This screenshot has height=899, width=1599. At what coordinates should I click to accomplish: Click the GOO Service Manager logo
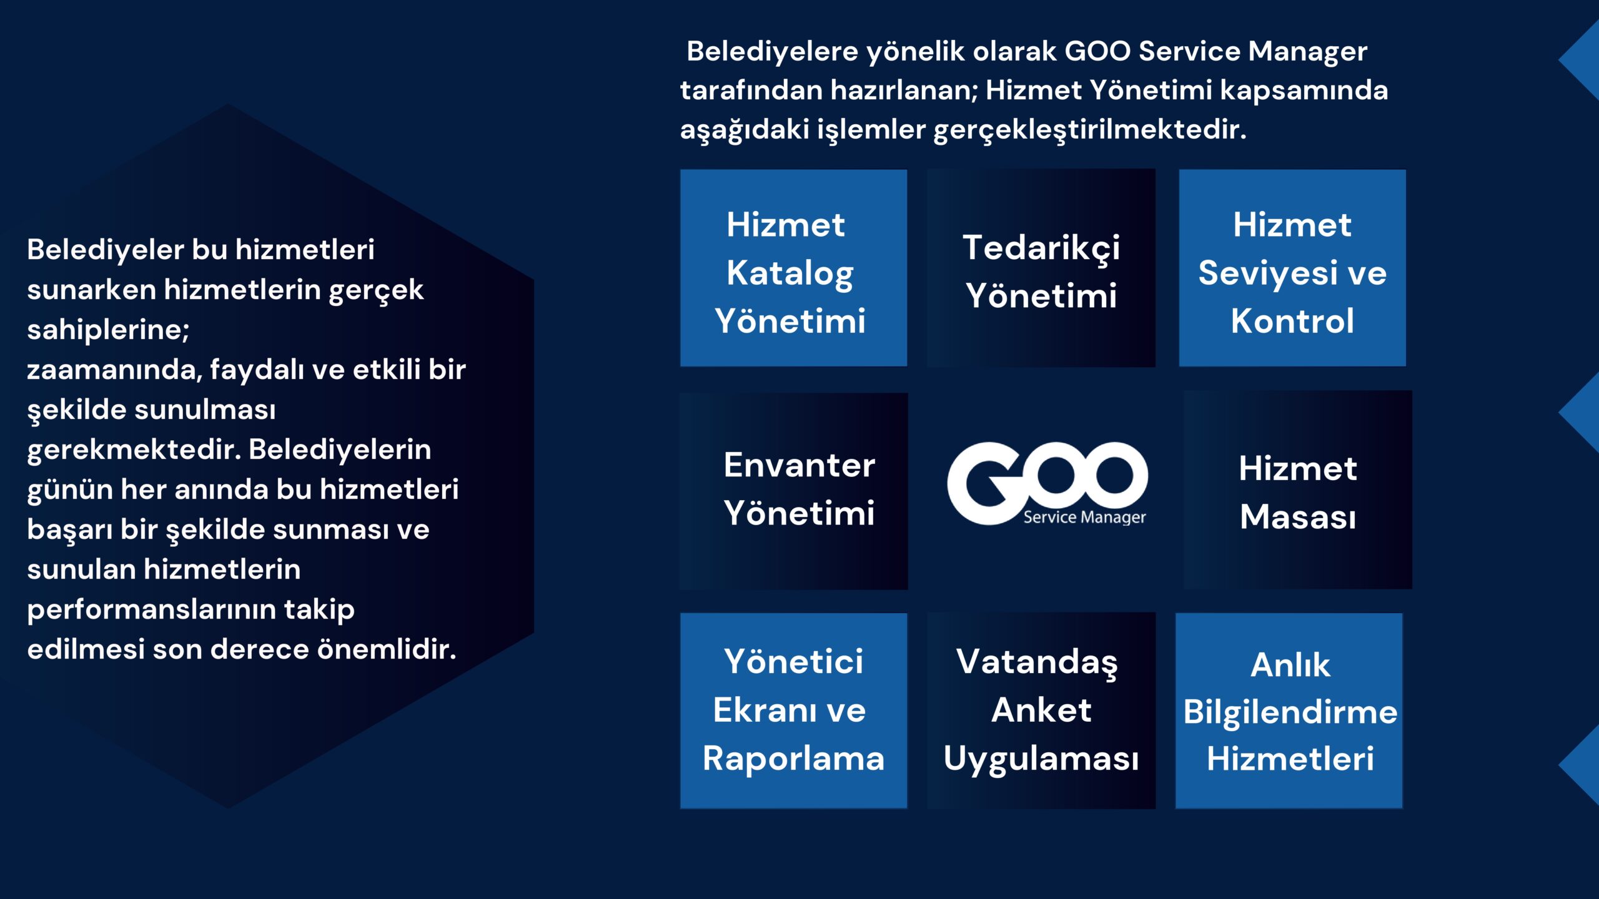click(x=1047, y=484)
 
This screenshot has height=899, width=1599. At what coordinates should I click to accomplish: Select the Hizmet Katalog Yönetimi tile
click(x=793, y=268)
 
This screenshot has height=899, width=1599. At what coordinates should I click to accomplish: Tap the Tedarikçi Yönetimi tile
click(x=1041, y=268)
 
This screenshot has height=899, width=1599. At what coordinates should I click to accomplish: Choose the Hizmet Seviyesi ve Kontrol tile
click(x=1292, y=268)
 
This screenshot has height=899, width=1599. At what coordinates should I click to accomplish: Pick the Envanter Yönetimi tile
click(x=793, y=491)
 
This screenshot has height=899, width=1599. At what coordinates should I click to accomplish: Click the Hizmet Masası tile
click(x=1297, y=490)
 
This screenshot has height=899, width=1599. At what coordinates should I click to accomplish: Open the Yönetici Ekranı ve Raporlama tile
click(x=793, y=710)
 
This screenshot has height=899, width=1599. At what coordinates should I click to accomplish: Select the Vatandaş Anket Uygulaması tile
click(x=1041, y=710)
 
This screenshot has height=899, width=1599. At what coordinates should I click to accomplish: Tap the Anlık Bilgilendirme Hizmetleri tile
click(x=1289, y=710)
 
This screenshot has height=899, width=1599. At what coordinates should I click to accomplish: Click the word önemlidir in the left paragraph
click(x=387, y=649)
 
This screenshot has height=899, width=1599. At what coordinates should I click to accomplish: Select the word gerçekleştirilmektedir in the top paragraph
click(x=1090, y=130)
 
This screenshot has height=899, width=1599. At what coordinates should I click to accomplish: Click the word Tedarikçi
click(x=1041, y=248)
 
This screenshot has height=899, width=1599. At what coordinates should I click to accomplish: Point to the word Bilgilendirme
click(x=1290, y=712)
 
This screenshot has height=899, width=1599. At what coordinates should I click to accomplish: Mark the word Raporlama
click(x=793, y=759)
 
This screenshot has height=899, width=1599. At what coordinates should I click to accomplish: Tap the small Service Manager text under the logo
click(x=1084, y=517)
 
